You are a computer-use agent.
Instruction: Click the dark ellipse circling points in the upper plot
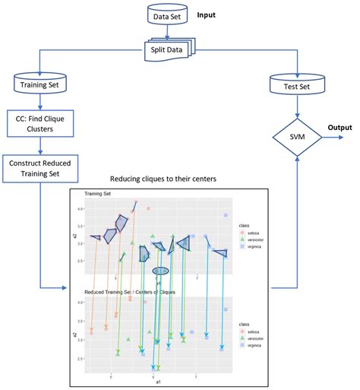(x=160, y=270)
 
